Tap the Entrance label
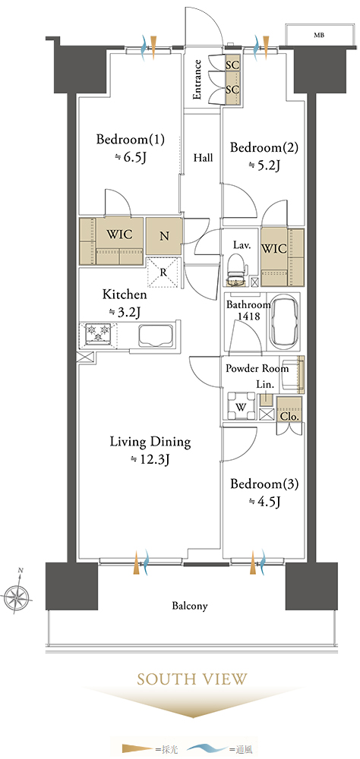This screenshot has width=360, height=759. click(x=197, y=79)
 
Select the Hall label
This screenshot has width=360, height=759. click(x=203, y=157)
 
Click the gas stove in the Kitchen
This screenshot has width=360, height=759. click(x=97, y=333)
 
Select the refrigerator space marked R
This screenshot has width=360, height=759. click(x=163, y=272)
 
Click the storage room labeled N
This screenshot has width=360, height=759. click(x=164, y=237)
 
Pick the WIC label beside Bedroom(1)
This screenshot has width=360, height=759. click(x=119, y=235)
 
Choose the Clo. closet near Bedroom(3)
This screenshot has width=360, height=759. click(x=289, y=409)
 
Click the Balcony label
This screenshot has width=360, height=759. click(x=190, y=606)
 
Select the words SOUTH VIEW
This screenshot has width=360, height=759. click(x=192, y=679)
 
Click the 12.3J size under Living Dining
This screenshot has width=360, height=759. click(x=150, y=460)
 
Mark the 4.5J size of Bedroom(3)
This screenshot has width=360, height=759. click(x=264, y=502)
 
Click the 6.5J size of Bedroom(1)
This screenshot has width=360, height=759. click(x=131, y=157)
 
